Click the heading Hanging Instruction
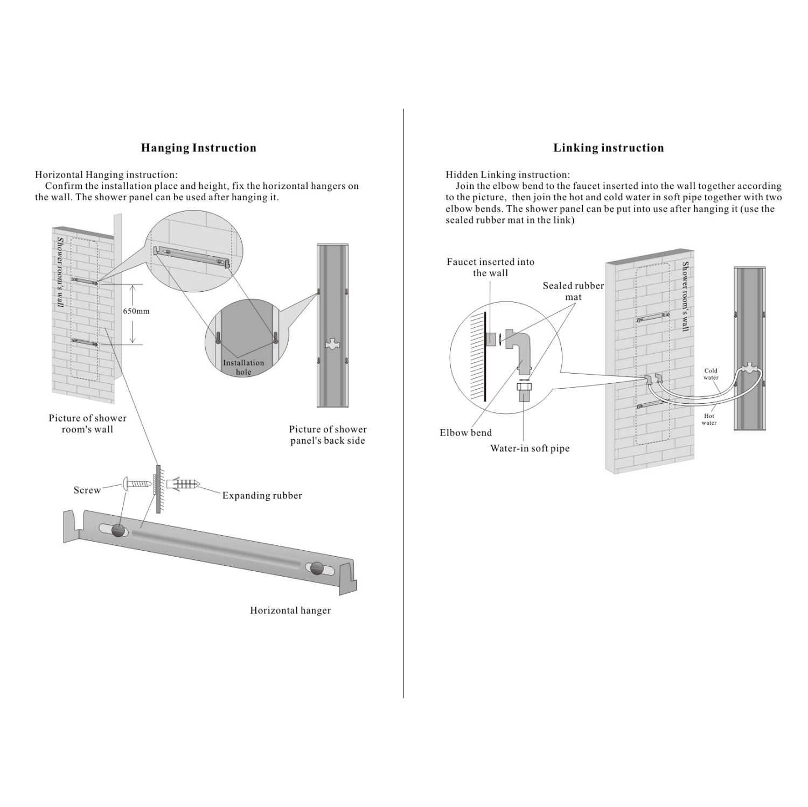coord(198,148)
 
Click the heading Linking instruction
coord(608,148)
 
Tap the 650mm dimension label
coord(136,311)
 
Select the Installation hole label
coord(243,367)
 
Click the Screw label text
coord(87,490)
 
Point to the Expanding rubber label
coord(262,495)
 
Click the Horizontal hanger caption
coord(290,610)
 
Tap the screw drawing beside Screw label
coord(137,483)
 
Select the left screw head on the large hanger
coord(119,530)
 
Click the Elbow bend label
coord(465,433)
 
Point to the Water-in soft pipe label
coord(530,448)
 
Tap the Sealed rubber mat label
coord(573,291)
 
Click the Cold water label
coord(711,374)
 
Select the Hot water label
coord(709,419)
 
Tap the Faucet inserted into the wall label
coord(490,267)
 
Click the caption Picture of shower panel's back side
coord(328,435)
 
